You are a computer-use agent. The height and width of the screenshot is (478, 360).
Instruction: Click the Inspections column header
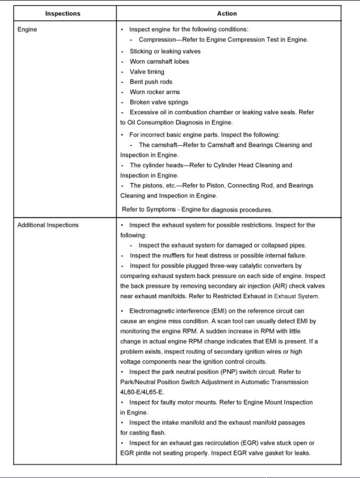pyautogui.click(x=63, y=13)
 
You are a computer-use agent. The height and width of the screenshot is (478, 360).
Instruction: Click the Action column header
pyautogui.click(x=227, y=13)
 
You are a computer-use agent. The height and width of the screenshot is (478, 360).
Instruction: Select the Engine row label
pyautogui.click(x=27, y=29)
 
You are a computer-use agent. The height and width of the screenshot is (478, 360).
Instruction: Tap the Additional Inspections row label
pyautogui.click(x=48, y=225)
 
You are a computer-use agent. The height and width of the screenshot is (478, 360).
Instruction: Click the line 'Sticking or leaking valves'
pyautogui.click(x=165, y=52)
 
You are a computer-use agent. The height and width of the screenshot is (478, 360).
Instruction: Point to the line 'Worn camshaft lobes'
pyautogui.click(x=159, y=62)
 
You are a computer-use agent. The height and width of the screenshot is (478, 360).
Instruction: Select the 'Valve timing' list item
pyautogui.click(x=147, y=72)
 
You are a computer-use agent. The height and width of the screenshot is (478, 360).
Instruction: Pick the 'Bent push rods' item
pyautogui.click(x=151, y=82)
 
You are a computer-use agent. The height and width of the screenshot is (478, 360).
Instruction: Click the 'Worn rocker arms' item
pyautogui.click(x=155, y=92)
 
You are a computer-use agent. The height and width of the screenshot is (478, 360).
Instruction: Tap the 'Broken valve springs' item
pyautogui.click(x=159, y=102)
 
